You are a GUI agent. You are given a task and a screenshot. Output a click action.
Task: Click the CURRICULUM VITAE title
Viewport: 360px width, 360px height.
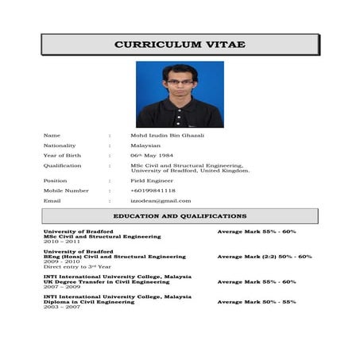click(x=180, y=45)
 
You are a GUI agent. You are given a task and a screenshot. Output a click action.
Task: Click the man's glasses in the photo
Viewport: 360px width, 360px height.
click(x=179, y=82)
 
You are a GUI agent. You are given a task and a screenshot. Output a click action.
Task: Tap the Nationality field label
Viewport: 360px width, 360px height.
click(x=60, y=145)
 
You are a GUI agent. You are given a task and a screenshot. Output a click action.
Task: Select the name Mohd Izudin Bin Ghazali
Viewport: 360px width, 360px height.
click(x=167, y=135)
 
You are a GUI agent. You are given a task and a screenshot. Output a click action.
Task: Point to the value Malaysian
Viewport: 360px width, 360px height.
click(x=145, y=145)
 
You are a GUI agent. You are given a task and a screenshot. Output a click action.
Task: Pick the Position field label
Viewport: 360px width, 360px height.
click(x=56, y=180)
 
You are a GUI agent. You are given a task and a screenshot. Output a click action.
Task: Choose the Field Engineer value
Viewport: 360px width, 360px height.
click(x=152, y=180)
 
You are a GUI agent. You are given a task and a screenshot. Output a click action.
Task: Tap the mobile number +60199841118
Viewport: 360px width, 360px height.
click(x=153, y=191)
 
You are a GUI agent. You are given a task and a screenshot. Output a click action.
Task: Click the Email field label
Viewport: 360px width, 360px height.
click(x=52, y=201)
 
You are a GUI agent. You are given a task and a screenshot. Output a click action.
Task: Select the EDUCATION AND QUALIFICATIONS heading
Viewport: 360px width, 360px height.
click(x=180, y=216)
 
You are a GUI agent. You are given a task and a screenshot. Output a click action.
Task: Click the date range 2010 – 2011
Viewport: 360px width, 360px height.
click(x=61, y=242)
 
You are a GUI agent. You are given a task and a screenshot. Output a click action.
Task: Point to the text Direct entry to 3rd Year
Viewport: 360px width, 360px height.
click(x=77, y=267)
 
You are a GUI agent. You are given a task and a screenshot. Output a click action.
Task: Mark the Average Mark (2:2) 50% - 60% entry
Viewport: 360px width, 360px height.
click(x=265, y=257)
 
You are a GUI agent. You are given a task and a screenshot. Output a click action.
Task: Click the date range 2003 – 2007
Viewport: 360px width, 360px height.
click(x=61, y=307)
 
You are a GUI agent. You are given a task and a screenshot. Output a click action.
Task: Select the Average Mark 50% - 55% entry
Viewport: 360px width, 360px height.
click(x=257, y=302)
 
